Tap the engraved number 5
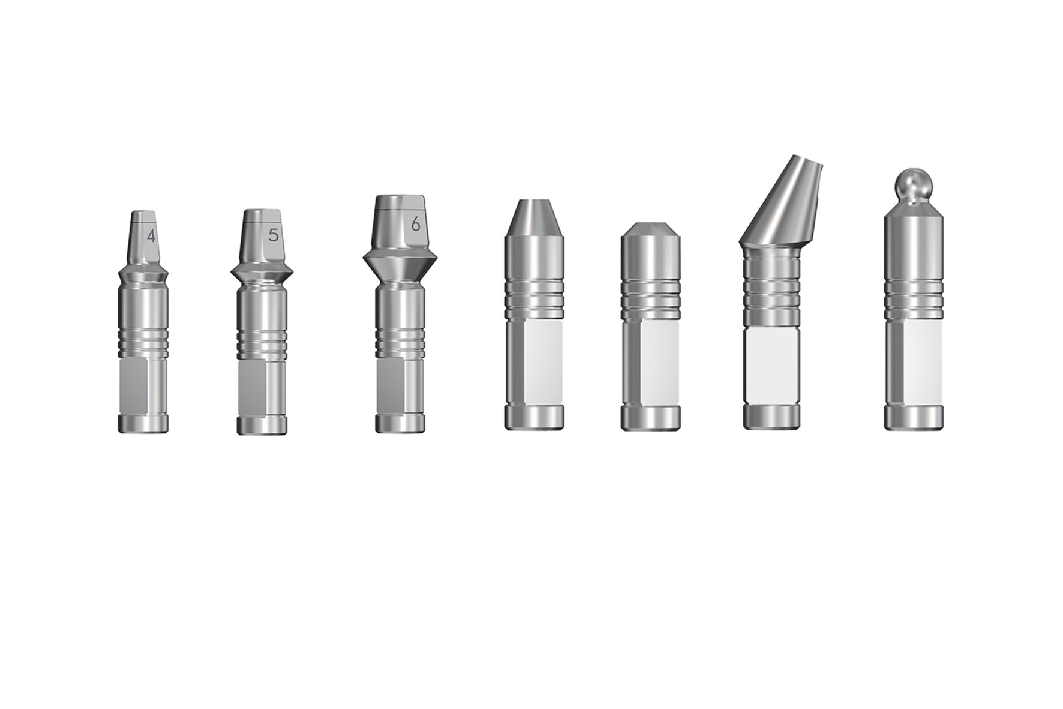[274, 235]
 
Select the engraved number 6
[415, 225]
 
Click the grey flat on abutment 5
[252, 387]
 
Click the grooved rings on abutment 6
[400, 340]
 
